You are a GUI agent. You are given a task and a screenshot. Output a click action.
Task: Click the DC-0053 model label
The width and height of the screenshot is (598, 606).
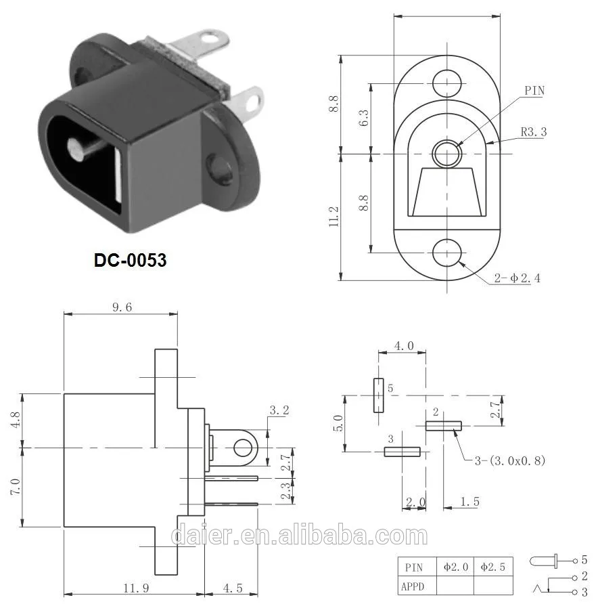(x=130, y=259)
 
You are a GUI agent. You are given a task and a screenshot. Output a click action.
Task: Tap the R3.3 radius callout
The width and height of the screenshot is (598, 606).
(x=533, y=132)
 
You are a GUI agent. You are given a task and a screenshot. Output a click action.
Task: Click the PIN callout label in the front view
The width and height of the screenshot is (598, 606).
(x=534, y=91)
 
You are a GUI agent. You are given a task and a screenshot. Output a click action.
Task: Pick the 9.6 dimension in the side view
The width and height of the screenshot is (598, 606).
(x=119, y=306)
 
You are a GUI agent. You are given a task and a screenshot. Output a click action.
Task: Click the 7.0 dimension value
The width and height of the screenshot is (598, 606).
(x=14, y=486)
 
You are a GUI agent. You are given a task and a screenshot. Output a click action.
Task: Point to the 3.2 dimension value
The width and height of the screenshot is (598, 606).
(x=279, y=410)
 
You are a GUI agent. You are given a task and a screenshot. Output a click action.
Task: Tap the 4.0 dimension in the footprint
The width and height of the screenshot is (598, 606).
(x=404, y=345)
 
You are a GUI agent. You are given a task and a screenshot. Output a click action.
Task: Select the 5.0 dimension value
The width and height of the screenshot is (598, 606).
(x=338, y=423)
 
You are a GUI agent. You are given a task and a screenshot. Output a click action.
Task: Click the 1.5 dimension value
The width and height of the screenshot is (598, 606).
(x=468, y=501)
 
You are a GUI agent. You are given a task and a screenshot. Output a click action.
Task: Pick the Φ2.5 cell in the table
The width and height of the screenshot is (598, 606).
(x=492, y=566)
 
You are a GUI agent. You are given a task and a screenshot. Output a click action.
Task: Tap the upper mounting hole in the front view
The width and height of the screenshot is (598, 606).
(x=446, y=83)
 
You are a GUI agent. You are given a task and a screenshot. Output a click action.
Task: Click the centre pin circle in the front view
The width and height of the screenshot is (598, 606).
(x=446, y=153)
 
